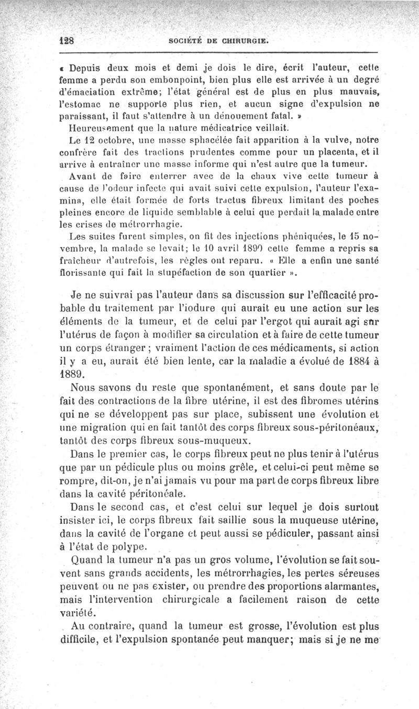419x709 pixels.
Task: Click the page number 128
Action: tap(68, 41)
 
